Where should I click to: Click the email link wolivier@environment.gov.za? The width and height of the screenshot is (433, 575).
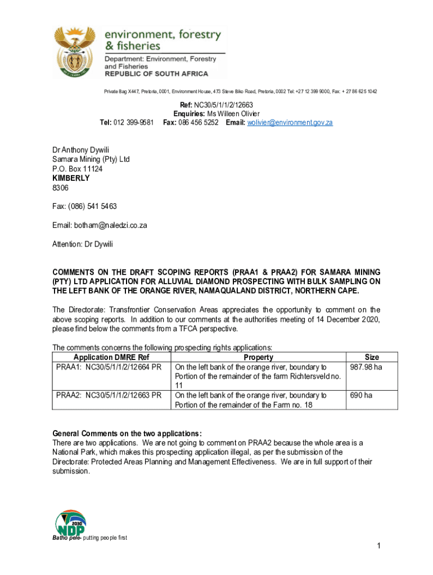click(x=290, y=122)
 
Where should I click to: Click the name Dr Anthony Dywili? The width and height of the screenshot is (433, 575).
click(x=81, y=150)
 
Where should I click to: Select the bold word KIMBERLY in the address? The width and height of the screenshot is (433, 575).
click(x=71, y=178)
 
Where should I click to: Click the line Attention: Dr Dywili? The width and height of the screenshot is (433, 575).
click(x=86, y=244)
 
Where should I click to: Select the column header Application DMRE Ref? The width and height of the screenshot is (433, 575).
click(x=111, y=357)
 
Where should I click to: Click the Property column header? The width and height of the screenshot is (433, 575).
click(x=258, y=357)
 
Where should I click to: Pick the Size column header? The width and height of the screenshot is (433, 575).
click(x=372, y=357)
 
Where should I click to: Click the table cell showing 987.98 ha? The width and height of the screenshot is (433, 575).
click(x=366, y=367)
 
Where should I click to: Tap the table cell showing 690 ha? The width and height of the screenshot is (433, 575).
click(x=361, y=395)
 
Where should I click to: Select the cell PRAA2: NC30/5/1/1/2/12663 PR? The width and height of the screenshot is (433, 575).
click(x=109, y=395)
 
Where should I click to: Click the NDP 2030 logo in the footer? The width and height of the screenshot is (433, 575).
click(x=70, y=523)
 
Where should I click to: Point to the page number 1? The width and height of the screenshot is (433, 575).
click(x=380, y=546)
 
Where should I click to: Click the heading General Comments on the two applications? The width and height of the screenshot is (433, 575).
click(x=127, y=433)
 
